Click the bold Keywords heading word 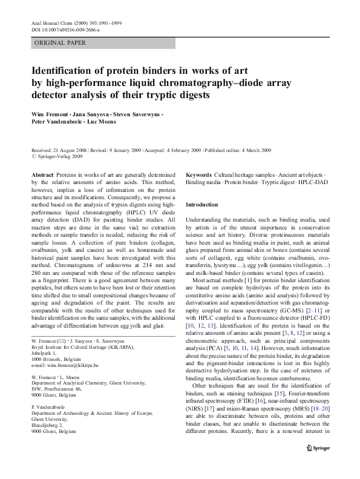pos(199,174)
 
